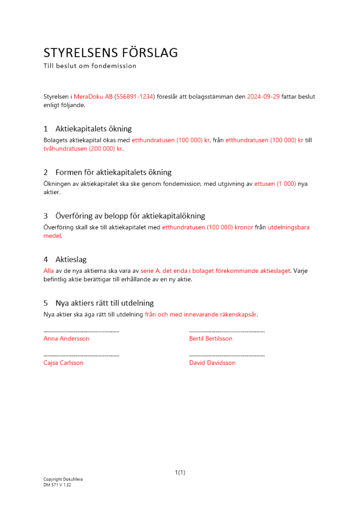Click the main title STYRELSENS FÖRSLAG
click(x=110, y=53)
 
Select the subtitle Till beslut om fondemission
click(x=90, y=66)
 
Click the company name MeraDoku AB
click(x=93, y=97)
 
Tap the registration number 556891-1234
click(x=134, y=97)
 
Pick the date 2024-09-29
click(x=263, y=97)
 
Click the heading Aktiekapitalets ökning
click(x=94, y=129)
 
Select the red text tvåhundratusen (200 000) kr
click(x=83, y=149)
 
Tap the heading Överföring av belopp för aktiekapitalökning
click(x=130, y=216)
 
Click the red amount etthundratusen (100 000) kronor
click(x=207, y=228)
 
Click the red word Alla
click(x=48, y=271)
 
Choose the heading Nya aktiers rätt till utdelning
click(x=104, y=303)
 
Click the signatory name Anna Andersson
click(x=66, y=338)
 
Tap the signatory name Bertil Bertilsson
click(x=210, y=338)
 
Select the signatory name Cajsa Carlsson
click(x=64, y=363)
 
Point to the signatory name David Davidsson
click(x=212, y=363)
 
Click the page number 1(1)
click(x=180, y=472)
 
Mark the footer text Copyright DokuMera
click(x=63, y=479)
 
